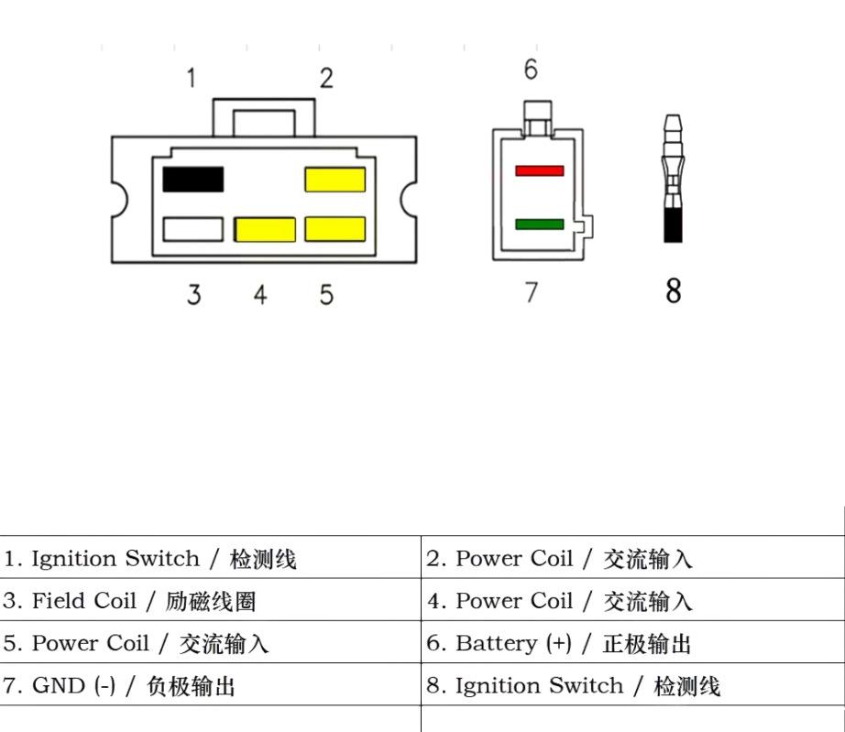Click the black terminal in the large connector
click(193, 180)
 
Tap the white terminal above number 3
click(193, 229)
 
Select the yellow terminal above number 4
click(265, 229)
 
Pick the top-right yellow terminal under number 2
click(335, 180)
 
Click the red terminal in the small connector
click(540, 170)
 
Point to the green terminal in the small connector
click(540, 224)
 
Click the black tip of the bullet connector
click(673, 225)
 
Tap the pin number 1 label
click(191, 78)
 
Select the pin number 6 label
click(531, 70)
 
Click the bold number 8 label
click(673, 290)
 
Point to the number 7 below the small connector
click(532, 292)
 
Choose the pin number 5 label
click(326, 295)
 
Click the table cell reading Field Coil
click(210, 599)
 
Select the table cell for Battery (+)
click(632, 642)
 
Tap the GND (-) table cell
click(210, 684)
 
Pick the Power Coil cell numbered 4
click(632, 599)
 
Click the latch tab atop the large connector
click(264, 117)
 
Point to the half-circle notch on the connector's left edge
click(120, 200)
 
